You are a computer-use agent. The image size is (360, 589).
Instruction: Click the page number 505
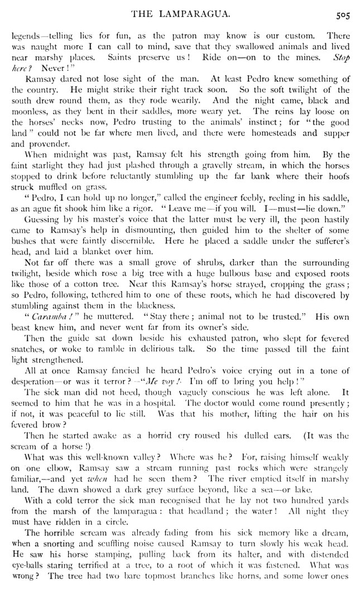[343, 16]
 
